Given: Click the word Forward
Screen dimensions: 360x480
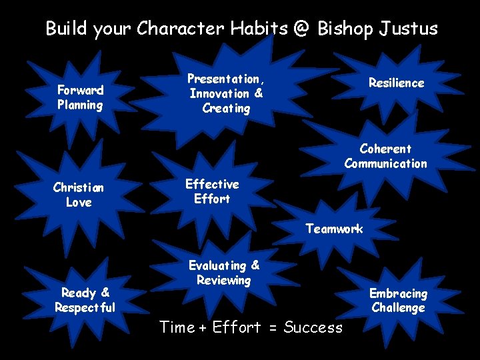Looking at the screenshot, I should (80, 90).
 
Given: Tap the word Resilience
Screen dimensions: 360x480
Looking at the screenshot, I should (397, 83).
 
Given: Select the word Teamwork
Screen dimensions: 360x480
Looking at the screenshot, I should (334, 229).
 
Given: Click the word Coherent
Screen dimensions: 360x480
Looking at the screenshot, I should (385, 149).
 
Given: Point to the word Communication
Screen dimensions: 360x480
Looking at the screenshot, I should (385, 163).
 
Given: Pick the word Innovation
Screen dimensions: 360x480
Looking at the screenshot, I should (219, 93).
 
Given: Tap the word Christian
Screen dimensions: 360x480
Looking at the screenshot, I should (79, 187).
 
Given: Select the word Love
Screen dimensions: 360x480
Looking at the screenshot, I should (79, 202).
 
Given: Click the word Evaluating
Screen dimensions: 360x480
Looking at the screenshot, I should (218, 265).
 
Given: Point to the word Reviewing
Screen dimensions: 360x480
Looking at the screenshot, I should (223, 280).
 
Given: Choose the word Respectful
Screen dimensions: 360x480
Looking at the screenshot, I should (85, 307).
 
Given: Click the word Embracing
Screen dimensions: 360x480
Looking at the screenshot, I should (398, 293).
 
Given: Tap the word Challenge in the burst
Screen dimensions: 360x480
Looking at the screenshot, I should (398, 307).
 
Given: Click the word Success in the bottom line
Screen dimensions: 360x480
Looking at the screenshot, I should (313, 327).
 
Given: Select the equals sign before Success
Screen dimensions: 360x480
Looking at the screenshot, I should (271, 327).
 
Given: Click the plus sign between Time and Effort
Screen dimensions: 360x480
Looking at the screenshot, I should (204, 327).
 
